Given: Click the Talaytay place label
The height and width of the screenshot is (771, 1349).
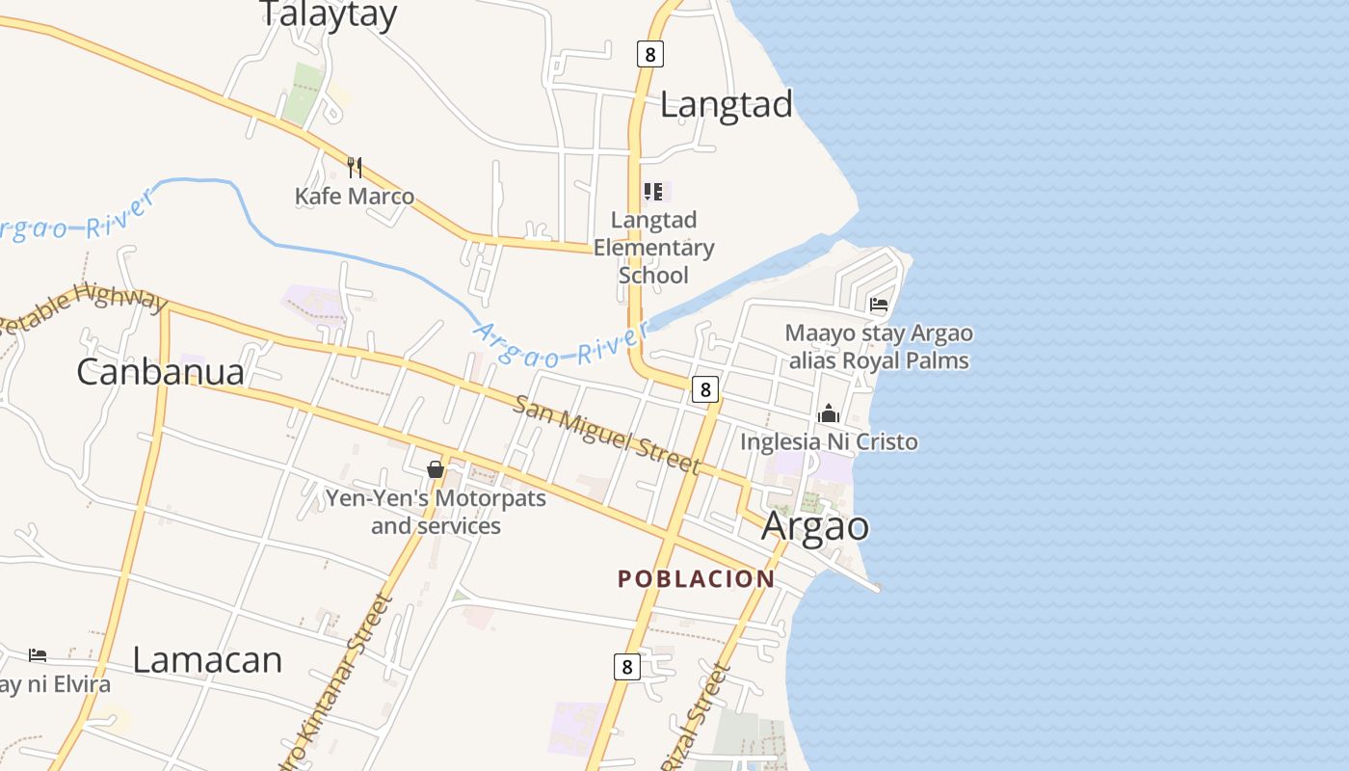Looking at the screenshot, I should pyautogui.click(x=329, y=14).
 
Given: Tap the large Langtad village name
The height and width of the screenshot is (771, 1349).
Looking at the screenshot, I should pyautogui.click(x=726, y=104).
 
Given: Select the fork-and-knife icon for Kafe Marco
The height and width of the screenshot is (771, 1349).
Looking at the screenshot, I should pyautogui.click(x=355, y=168).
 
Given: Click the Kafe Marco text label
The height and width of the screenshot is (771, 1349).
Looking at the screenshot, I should pyautogui.click(x=355, y=197).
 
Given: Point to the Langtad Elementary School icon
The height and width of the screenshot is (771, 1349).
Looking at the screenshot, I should pyautogui.click(x=653, y=192).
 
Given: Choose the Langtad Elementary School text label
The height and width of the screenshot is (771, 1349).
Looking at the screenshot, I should pyautogui.click(x=653, y=248).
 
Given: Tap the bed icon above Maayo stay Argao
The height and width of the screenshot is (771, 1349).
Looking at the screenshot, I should pyautogui.click(x=879, y=305).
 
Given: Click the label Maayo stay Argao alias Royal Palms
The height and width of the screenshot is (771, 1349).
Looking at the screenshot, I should pyautogui.click(x=879, y=347).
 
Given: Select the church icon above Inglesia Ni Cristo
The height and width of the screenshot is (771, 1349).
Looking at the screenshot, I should pyautogui.click(x=829, y=413).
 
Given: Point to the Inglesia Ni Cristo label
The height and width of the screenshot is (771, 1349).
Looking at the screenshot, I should pyautogui.click(x=829, y=442).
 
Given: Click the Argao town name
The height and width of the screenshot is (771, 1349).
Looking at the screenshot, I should pyautogui.click(x=815, y=526).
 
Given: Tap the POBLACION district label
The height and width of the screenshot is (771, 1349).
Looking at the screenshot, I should pyautogui.click(x=696, y=579).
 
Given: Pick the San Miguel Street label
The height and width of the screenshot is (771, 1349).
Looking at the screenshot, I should pyautogui.click(x=606, y=434).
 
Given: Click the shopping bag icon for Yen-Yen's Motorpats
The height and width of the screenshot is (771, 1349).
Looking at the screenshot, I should pyautogui.click(x=436, y=469).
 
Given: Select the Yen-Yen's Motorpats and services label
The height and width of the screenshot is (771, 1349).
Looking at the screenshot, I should pyautogui.click(x=436, y=512).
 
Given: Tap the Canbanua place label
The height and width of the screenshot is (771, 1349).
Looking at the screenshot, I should pyautogui.click(x=160, y=372).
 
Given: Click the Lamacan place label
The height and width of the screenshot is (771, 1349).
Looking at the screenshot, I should pyautogui.click(x=207, y=660).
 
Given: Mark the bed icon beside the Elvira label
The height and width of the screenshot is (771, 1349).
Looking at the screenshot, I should pyautogui.click(x=38, y=655).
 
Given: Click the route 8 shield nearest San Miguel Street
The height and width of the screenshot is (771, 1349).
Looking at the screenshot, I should pyautogui.click(x=705, y=389).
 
